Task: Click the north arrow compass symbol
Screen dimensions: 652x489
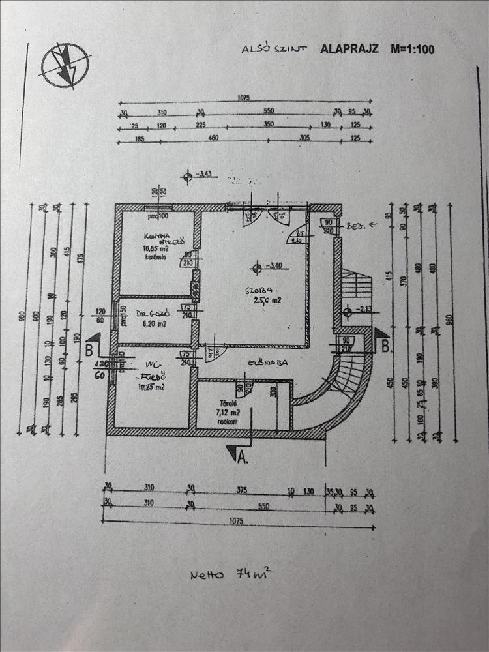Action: point(65,65)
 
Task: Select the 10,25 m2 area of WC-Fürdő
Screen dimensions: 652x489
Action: point(149,387)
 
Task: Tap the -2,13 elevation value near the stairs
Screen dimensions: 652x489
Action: point(363,310)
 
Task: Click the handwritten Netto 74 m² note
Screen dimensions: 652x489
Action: point(228,574)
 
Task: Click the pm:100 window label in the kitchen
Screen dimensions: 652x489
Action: point(157,216)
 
